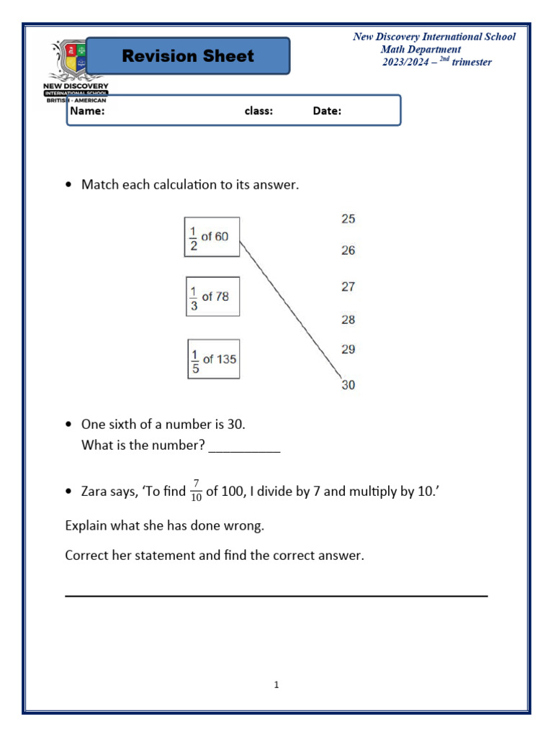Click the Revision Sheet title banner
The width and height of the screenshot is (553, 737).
pos(188,56)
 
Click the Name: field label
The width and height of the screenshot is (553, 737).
pos(87,112)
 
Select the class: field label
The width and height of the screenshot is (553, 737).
pos(258,112)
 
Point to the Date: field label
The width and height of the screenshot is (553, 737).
pos(327,112)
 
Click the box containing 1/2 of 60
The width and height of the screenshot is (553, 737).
pos(212,237)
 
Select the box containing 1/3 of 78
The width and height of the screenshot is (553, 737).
pos(212,297)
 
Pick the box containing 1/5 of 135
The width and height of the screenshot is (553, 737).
pos(214,359)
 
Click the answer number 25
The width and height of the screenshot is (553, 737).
pos(348,219)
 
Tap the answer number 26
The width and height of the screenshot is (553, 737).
pos(348,250)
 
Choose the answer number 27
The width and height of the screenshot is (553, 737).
pos(348,286)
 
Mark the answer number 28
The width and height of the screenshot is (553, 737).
pos(348,320)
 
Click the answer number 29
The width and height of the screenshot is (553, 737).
pos(348,350)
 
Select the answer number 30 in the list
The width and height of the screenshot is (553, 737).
pos(348,385)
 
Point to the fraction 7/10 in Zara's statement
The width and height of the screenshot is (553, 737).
pos(196,491)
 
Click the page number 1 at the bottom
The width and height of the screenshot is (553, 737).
pos(276,685)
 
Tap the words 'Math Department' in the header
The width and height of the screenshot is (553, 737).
pos(421,50)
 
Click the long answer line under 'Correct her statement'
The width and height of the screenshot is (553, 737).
pos(276,595)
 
